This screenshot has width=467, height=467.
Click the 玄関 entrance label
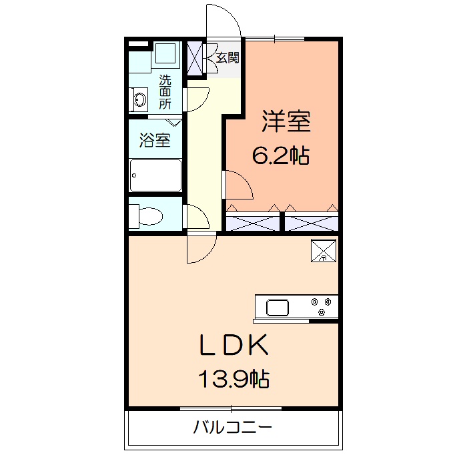(x=227, y=57)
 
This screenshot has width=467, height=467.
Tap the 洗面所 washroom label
(x=165, y=92)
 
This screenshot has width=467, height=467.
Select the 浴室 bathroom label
(x=154, y=140)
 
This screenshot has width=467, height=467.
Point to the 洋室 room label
(x=286, y=122)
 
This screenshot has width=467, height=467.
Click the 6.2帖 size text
(x=280, y=156)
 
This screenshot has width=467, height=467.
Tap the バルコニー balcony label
(x=233, y=427)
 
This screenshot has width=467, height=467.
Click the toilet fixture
(x=149, y=215)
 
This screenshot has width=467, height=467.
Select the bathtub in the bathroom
(x=155, y=175)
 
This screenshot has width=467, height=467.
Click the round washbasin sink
(x=140, y=100)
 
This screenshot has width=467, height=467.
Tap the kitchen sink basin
(x=278, y=308)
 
